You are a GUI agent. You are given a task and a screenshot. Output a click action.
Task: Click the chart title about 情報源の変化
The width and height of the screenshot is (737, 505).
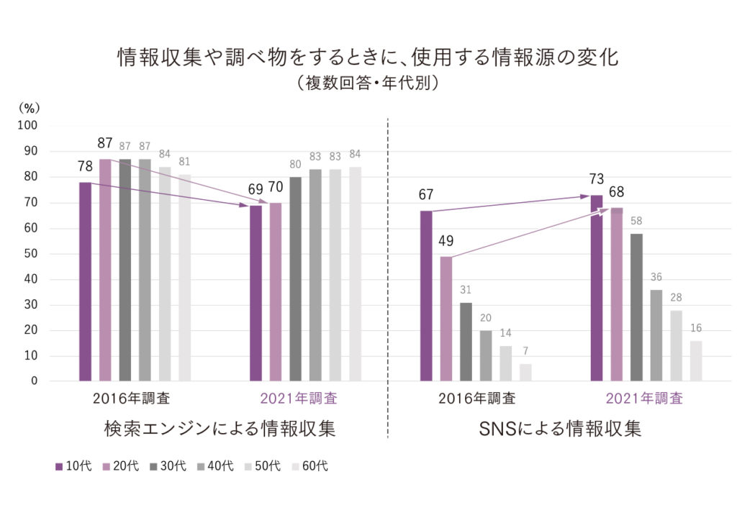tap(368, 58)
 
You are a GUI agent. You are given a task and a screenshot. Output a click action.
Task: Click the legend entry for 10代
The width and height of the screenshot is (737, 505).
tap(73, 466)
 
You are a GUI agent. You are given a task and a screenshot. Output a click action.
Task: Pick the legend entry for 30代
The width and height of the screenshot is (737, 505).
tap(168, 466)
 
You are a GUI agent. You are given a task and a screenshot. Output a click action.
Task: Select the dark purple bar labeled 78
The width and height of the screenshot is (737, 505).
tap(85, 281)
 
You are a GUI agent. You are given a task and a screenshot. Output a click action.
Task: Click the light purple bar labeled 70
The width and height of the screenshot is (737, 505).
tap(276, 291)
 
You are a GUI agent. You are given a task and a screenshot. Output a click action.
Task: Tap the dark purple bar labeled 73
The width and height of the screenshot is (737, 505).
tap(597, 288)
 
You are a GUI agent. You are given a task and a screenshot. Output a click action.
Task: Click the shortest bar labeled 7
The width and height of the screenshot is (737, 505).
tap(526, 372)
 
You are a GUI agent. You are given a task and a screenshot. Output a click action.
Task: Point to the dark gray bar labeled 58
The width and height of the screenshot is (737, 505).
tap(636, 306)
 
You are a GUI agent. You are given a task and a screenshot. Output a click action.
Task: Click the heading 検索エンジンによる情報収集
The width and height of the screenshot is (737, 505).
tap(220, 429)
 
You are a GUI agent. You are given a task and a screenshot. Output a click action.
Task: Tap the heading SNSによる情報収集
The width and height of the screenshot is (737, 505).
tap(559, 429)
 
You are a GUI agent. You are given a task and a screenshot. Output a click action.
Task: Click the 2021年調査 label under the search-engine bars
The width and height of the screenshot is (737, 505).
tap(299, 398)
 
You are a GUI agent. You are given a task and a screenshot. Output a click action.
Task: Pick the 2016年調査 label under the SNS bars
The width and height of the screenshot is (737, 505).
tap(476, 398)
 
